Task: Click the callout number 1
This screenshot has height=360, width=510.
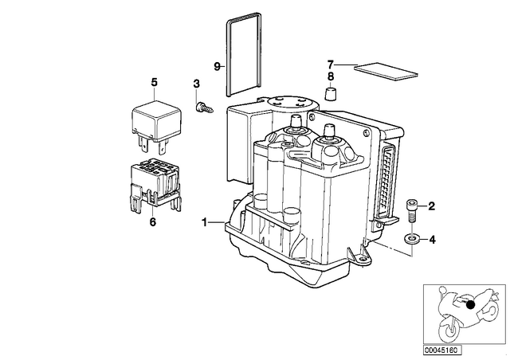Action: point(204,223)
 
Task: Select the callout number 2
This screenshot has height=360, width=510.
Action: point(431,206)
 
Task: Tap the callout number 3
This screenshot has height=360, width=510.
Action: point(196,84)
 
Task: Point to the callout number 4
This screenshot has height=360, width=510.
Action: point(432,240)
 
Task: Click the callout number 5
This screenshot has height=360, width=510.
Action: point(154,82)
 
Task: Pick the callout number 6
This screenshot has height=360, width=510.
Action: point(152,222)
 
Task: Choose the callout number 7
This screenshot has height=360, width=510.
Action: point(331,64)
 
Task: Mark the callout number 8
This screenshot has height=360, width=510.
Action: point(331,76)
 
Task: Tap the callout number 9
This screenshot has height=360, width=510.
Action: point(218,66)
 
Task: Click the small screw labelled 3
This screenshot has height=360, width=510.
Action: point(204,108)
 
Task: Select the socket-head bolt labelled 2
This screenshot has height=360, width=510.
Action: point(411,211)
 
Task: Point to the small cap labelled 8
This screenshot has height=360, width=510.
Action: point(331,94)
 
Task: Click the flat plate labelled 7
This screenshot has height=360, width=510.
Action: point(386,71)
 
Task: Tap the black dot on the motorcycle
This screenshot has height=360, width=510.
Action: point(470,305)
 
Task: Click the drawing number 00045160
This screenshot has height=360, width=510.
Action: point(441,350)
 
